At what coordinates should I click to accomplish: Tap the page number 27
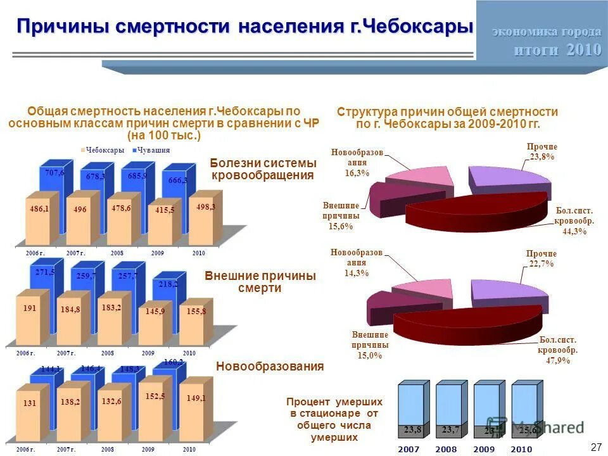click(x=595, y=447)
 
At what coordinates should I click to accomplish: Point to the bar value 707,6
click(x=55, y=172)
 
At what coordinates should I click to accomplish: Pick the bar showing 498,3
click(x=202, y=218)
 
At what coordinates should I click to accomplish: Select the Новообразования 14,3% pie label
click(x=356, y=263)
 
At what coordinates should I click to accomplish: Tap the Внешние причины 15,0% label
click(x=370, y=345)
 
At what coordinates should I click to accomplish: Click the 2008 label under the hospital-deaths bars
click(x=445, y=449)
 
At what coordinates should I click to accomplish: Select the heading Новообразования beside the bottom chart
click(x=270, y=366)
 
